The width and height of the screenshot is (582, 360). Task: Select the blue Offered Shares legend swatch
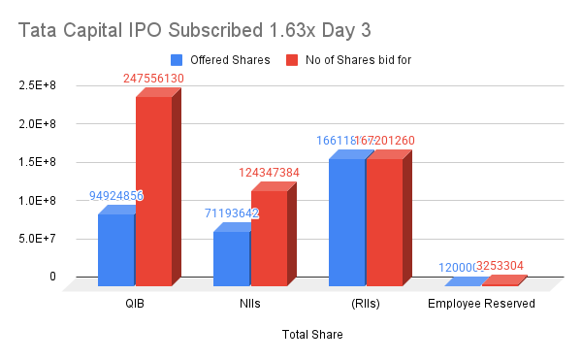coord(176,59)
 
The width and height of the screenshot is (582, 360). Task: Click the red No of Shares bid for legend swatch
coord(290,59)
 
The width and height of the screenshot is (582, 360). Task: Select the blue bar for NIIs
coord(232,258)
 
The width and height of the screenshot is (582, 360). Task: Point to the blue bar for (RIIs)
coord(346,221)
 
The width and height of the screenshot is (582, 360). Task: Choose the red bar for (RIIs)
coord(383,221)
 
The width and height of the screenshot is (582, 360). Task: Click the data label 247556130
coord(155,79)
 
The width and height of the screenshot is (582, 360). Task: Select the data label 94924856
coord(116,196)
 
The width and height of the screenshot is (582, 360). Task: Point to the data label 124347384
coord(269,173)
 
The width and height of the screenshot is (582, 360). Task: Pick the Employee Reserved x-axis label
coord(481,304)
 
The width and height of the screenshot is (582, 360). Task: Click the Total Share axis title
coord(312,335)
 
